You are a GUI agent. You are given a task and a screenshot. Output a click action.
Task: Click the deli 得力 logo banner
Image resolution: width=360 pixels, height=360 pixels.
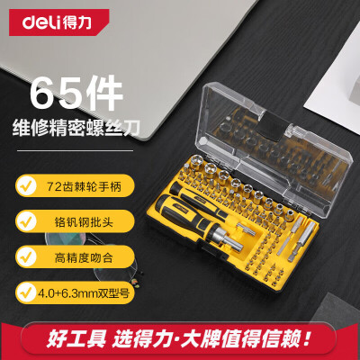click(x=58, y=22)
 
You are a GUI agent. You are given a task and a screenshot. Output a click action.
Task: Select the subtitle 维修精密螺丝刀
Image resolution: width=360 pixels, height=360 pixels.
click(x=76, y=129)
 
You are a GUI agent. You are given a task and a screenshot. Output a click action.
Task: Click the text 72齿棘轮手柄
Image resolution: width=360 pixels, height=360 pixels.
click(x=84, y=187)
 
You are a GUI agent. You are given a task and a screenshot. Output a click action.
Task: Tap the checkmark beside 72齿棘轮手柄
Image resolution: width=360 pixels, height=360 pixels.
click(x=27, y=186)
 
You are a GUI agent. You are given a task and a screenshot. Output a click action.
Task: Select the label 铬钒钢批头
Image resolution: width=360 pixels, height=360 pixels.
click(x=84, y=222)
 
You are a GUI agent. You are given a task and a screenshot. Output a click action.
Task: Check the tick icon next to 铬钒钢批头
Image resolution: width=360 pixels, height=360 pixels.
click(x=27, y=221)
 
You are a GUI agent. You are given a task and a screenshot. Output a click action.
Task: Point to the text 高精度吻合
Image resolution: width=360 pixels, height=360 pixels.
click(x=84, y=257)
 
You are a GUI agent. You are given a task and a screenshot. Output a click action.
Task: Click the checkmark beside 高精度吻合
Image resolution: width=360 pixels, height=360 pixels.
click(x=27, y=256)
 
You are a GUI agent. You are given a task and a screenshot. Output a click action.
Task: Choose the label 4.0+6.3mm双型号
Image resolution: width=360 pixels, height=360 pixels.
click(x=84, y=292)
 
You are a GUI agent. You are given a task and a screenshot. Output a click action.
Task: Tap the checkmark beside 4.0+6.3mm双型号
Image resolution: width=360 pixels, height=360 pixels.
click(x=27, y=292)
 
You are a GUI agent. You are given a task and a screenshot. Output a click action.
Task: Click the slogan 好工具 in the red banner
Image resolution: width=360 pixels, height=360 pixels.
click(x=76, y=338)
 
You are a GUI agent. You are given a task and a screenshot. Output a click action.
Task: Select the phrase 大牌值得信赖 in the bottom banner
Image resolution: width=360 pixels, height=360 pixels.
click(x=241, y=338)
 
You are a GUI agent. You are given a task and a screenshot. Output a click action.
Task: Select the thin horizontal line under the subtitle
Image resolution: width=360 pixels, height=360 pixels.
click(x=75, y=150)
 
